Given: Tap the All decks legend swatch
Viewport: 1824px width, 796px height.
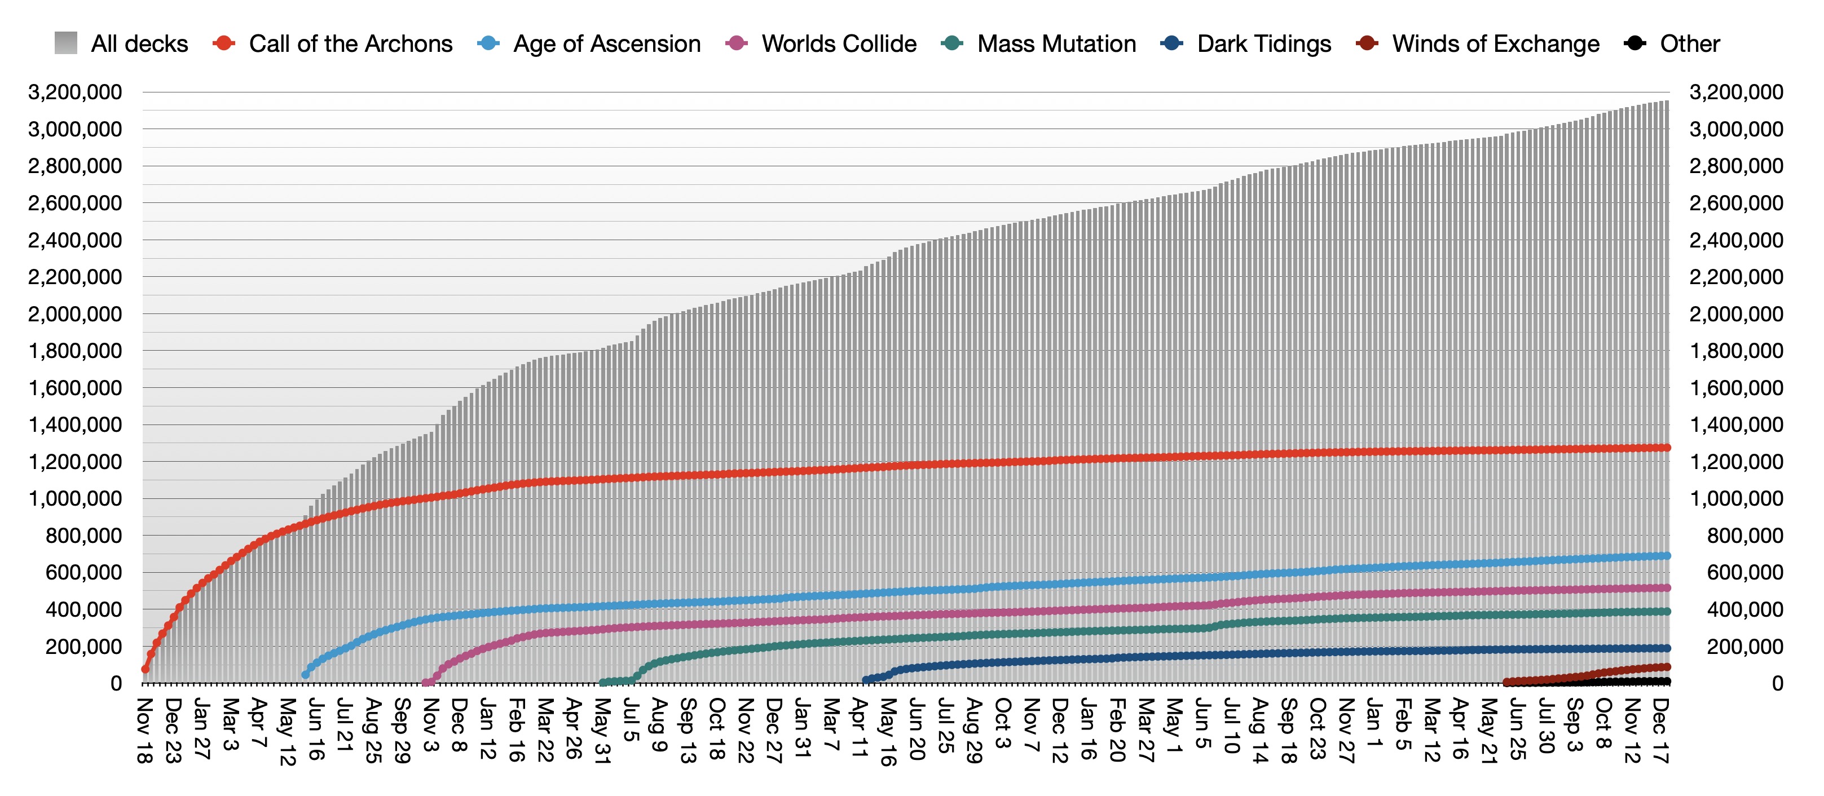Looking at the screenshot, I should tap(66, 43).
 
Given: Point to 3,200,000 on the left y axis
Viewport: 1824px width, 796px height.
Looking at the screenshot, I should tap(75, 92).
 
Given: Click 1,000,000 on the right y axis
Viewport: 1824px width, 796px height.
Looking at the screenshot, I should tap(1736, 499).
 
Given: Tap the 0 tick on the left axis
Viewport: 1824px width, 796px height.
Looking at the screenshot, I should tap(116, 683).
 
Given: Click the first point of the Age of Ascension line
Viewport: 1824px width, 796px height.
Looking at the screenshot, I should tap(305, 675).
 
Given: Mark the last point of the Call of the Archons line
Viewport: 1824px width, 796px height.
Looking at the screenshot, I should tap(1667, 448).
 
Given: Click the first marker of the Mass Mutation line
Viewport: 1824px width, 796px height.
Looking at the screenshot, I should tap(602, 683).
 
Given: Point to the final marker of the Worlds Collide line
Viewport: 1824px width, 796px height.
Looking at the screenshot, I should tap(1667, 588).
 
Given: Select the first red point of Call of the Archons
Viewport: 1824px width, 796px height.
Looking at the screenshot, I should tap(145, 669).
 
